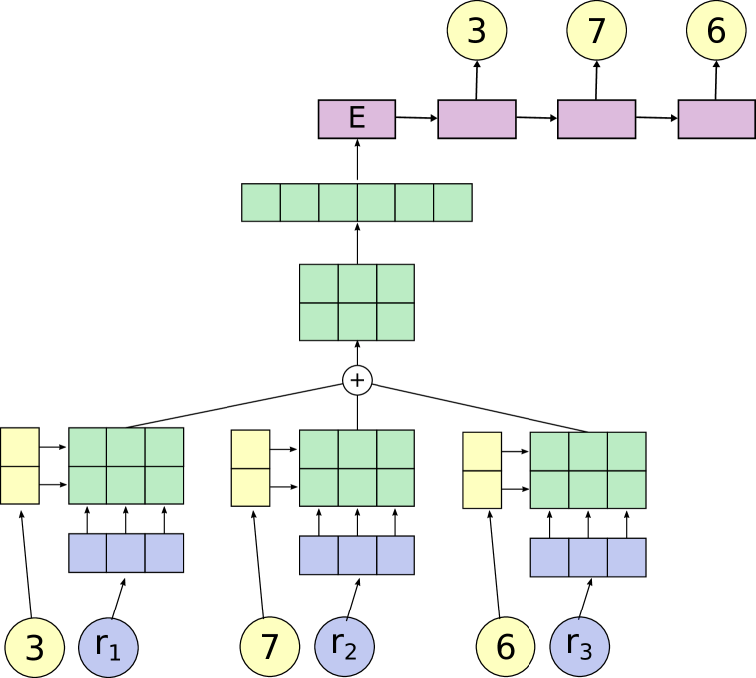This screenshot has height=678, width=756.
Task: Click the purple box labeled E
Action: click(x=357, y=119)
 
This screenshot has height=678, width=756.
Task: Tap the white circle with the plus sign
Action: click(x=357, y=380)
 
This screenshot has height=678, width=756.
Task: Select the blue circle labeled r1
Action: click(x=108, y=647)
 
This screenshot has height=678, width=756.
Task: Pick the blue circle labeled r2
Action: click(x=344, y=647)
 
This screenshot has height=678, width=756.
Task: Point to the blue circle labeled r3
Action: click(x=579, y=647)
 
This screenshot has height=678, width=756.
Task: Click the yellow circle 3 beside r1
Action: click(x=34, y=647)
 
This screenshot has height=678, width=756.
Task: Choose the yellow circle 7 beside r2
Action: click(x=270, y=647)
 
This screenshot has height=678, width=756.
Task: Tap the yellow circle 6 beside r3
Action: click(x=506, y=647)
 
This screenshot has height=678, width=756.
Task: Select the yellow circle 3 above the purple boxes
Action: click(x=477, y=31)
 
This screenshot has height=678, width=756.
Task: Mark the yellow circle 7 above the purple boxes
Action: click(x=596, y=31)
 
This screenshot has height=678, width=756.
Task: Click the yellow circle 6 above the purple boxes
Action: click(x=716, y=31)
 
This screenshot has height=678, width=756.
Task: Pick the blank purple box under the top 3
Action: click(x=477, y=119)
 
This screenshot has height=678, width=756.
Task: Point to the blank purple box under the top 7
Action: click(x=596, y=119)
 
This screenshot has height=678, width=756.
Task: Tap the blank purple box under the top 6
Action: click(x=716, y=119)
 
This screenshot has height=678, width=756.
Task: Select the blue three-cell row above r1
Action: click(x=126, y=553)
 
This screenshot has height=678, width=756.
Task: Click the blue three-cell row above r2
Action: click(x=357, y=555)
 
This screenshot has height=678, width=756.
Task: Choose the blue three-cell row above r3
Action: click(x=588, y=557)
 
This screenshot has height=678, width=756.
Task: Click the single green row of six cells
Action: click(x=357, y=203)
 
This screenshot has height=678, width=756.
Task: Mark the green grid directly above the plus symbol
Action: click(x=357, y=303)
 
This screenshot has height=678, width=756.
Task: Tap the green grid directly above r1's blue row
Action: click(x=126, y=466)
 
